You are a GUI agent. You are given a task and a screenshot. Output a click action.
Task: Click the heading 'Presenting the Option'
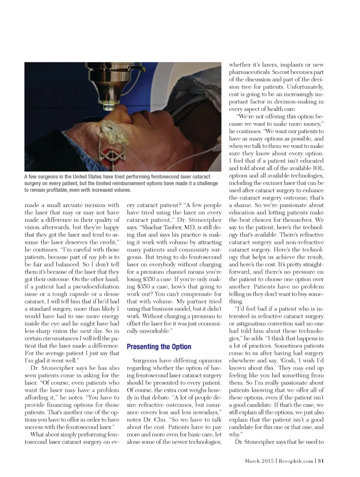pos(159,347)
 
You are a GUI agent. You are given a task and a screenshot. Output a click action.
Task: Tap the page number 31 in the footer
pos(321,461)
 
